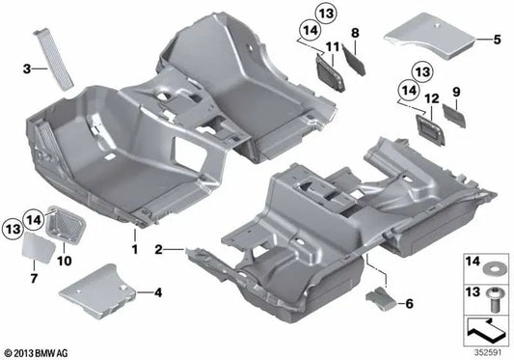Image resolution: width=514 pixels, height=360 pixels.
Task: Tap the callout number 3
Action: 28,68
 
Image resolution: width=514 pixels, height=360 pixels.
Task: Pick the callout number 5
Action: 498,40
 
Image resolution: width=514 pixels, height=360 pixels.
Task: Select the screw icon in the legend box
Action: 487,295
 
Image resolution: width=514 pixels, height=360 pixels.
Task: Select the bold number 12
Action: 428,97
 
